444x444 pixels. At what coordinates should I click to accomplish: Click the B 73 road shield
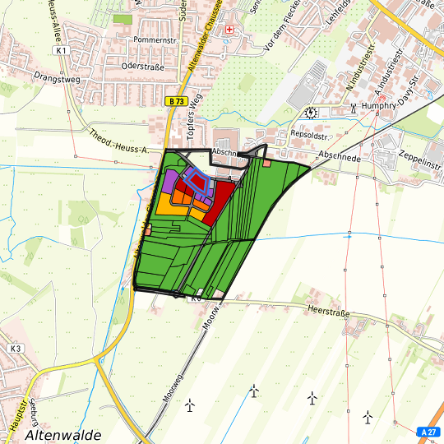click(x=173, y=100)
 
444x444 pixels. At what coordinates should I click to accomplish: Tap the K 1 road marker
click(x=61, y=50)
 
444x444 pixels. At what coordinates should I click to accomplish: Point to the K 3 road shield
click(x=16, y=349)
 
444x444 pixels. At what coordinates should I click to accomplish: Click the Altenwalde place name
click(x=63, y=434)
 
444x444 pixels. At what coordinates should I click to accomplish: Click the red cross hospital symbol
click(x=229, y=30)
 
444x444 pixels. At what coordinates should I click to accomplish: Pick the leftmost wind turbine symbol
click(x=190, y=405)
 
